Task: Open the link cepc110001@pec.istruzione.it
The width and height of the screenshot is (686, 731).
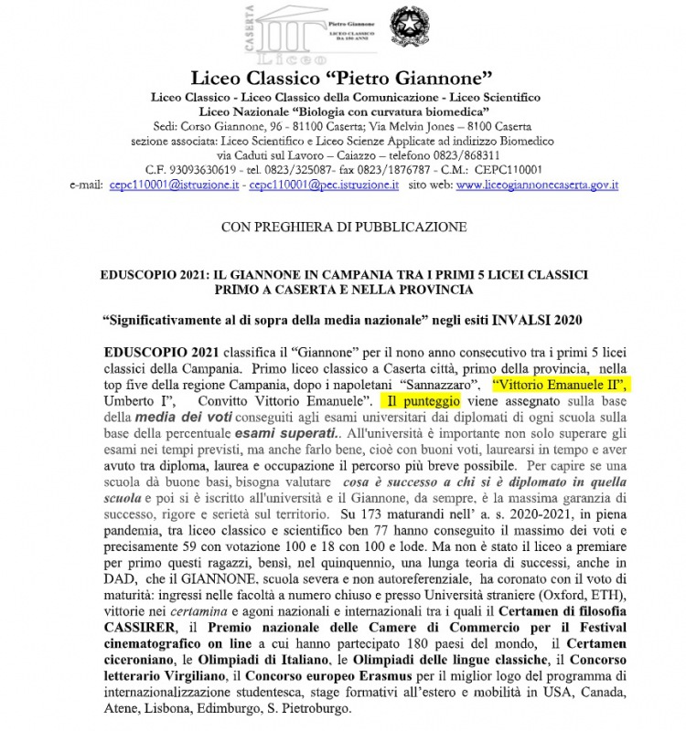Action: click(326, 184)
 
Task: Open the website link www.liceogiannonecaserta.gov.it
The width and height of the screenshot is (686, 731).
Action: click(537, 184)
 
